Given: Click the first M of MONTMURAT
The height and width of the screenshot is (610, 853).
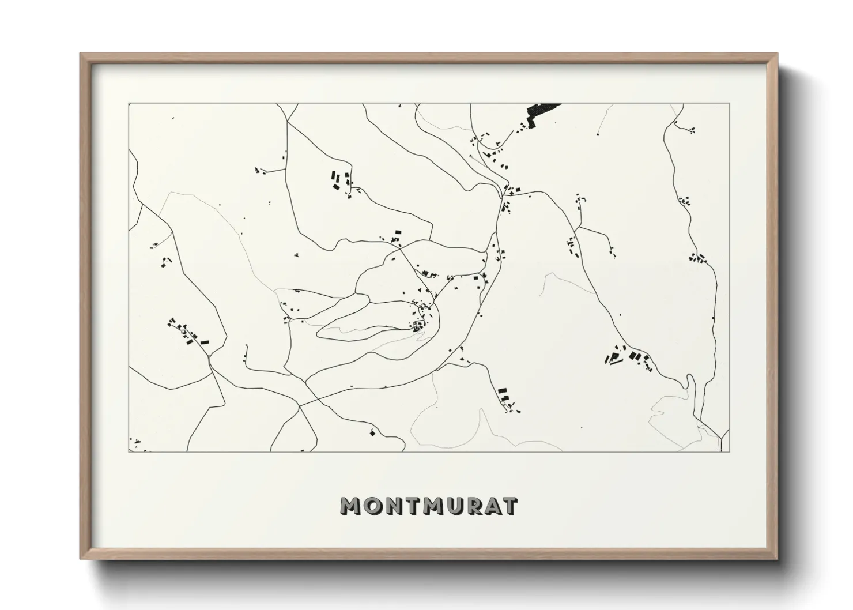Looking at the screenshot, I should (351, 506).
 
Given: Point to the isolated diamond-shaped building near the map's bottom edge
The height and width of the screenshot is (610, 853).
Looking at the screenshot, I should (372, 432).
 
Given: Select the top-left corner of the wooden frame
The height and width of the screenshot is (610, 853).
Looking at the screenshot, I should (81, 54).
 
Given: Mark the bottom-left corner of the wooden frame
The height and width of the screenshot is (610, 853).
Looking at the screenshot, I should (81, 559).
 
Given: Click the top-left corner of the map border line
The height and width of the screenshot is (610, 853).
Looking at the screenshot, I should (129, 104).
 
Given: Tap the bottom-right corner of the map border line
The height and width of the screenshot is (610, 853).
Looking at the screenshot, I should (730, 451).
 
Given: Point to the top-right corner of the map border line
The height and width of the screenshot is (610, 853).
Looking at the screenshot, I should (730, 104).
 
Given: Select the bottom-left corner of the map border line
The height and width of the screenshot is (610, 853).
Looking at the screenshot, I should (129, 451).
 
